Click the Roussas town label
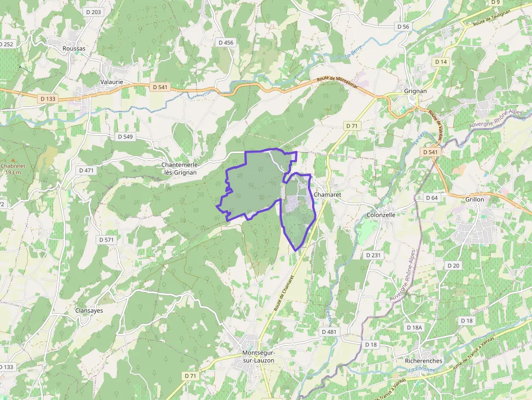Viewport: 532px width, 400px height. (x=74, y=48)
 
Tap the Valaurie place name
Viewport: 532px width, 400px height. (x=112, y=82)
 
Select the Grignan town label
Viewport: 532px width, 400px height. (x=415, y=91)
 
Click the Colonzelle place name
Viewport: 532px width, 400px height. (x=382, y=215)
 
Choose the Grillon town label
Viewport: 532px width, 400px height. (x=474, y=199)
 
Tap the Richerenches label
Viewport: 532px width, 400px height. (x=424, y=360)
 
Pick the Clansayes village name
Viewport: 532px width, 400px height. (x=89, y=310)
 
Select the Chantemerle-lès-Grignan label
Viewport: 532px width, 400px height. (x=181, y=168)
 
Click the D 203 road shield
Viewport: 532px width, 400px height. (x=93, y=12)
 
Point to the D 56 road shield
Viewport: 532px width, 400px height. (x=403, y=27)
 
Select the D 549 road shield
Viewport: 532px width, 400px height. (x=125, y=137)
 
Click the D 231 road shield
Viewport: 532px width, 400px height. (x=373, y=255)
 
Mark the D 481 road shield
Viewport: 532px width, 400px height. (x=329, y=332)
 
